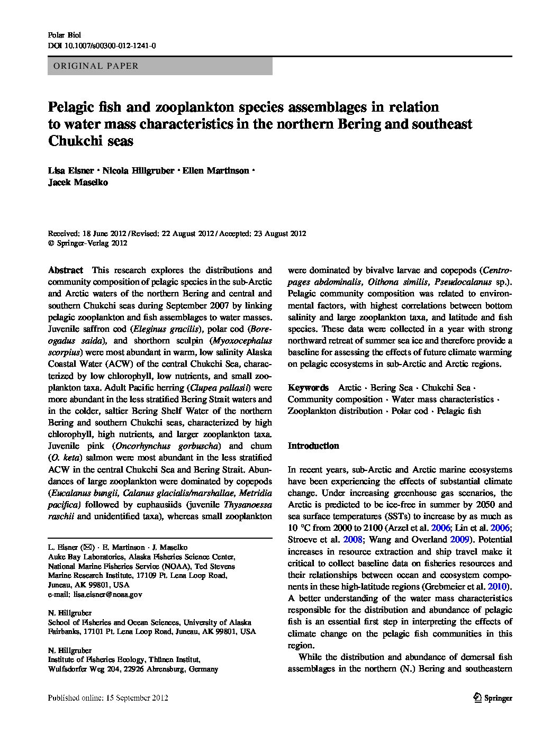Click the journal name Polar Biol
point(64,35)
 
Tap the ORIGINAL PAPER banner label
point(93,66)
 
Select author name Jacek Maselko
point(78,183)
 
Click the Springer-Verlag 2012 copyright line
point(88,243)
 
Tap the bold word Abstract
point(66,270)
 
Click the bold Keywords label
point(308,388)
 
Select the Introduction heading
point(313,446)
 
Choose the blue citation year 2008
point(354,540)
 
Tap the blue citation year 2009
point(459,540)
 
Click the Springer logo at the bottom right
point(492,698)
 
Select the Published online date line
point(108,698)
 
